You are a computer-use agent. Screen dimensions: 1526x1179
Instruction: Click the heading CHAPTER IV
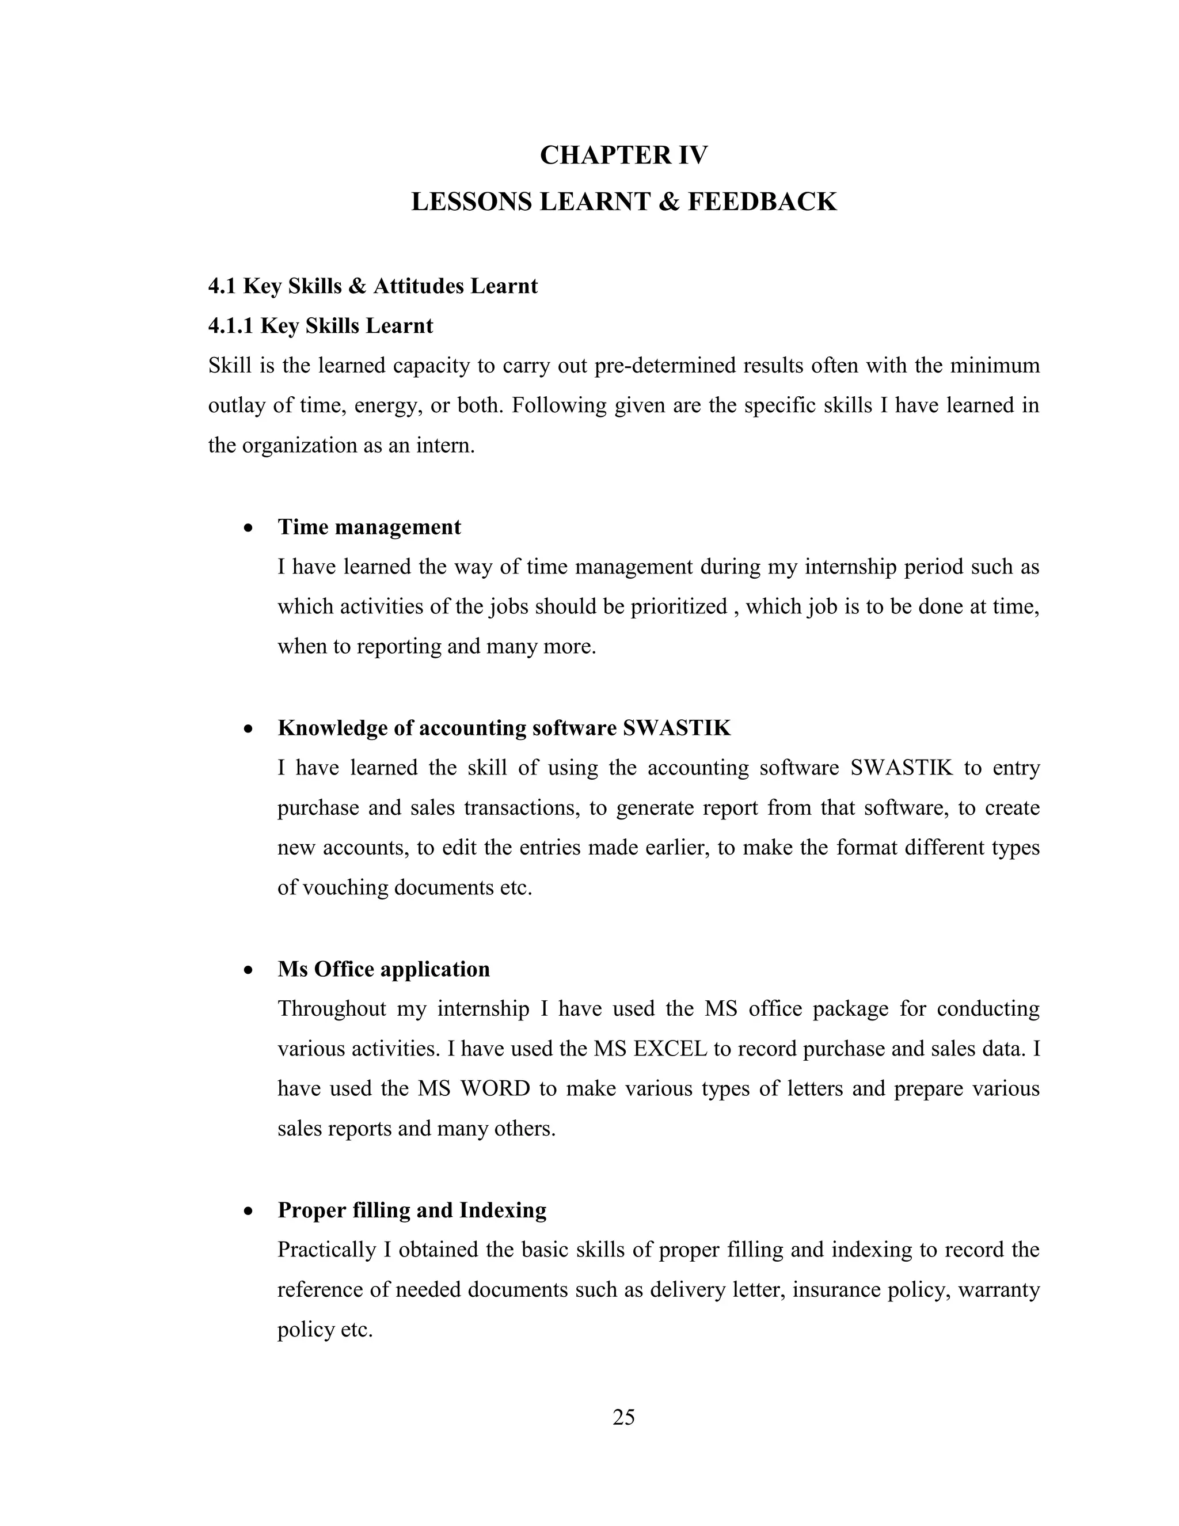(x=623, y=155)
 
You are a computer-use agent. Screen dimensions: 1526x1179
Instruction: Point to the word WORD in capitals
(x=495, y=1088)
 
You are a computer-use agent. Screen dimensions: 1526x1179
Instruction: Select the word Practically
(x=327, y=1250)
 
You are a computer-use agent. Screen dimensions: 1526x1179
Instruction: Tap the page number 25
(x=623, y=1417)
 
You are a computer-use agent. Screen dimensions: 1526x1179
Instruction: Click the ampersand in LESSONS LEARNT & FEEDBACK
(x=667, y=202)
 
